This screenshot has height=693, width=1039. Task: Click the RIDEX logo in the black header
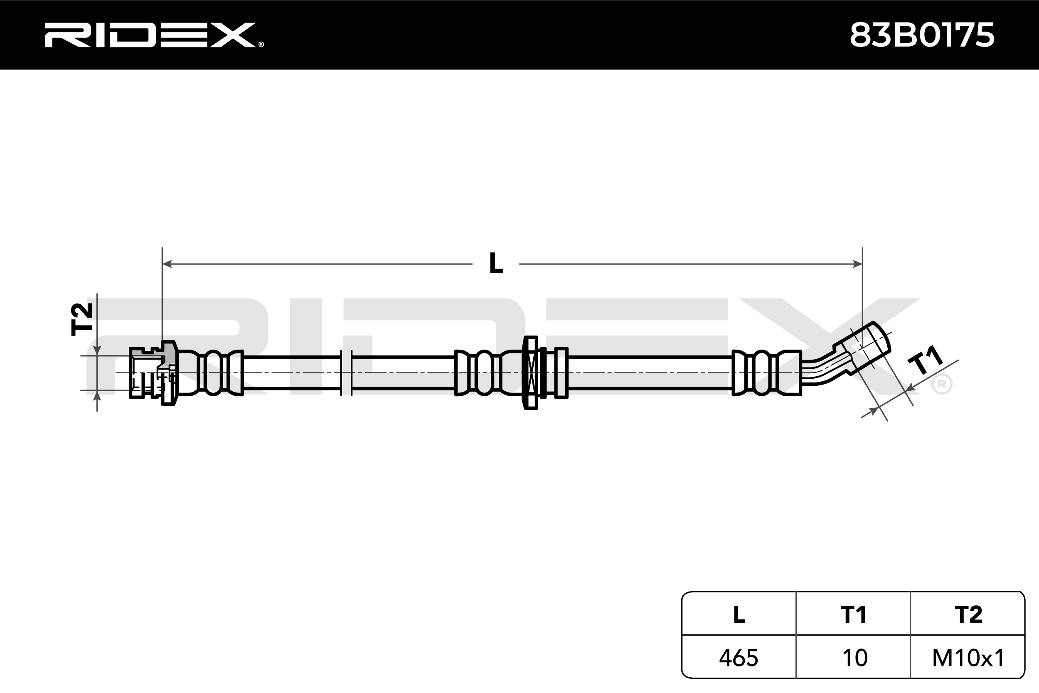click(x=154, y=35)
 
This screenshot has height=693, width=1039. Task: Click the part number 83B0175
click(x=922, y=35)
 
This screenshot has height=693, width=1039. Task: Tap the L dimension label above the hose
click(x=496, y=264)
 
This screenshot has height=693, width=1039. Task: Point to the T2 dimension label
click(x=82, y=319)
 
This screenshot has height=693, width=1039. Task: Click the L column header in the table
click(x=739, y=614)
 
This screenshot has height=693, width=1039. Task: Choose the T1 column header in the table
click(x=853, y=614)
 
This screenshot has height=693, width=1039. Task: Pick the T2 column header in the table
click(x=968, y=614)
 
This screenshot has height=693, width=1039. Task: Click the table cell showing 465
click(x=739, y=658)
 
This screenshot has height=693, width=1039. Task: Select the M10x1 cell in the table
click(x=968, y=658)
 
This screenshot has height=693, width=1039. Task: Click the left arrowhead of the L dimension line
click(x=167, y=264)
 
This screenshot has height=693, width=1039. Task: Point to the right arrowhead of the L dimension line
click(x=857, y=264)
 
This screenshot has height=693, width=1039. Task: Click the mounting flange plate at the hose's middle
click(x=530, y=372)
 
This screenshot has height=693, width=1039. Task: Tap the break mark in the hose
click(x=346, y=372)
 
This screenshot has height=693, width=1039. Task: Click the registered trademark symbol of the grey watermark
click(x=941, y=385)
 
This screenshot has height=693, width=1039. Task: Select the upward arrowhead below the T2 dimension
click(x=97, y=396)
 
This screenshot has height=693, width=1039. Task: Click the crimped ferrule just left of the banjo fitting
click(x=766, y=372)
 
